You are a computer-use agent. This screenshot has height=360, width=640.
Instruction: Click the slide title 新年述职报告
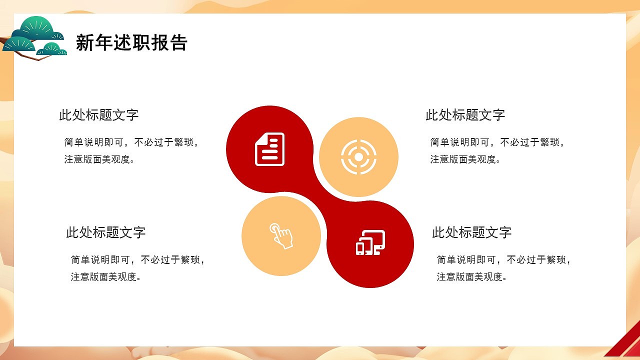(x=131, y=43)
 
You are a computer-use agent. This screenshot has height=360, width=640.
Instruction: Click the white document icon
(x=270, y=149)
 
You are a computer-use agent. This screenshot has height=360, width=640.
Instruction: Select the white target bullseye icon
(x=358, y=157)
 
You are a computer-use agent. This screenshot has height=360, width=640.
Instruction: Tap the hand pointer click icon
(x=281, y=235)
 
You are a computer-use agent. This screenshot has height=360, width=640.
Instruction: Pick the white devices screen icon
(x=370, y=242)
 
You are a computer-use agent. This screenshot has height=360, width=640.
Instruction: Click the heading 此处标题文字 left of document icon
(x=99, y=115)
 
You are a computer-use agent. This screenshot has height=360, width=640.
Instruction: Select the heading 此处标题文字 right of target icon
(x=465, y=115)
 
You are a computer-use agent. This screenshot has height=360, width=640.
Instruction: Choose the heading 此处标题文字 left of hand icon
(x=105, y=232)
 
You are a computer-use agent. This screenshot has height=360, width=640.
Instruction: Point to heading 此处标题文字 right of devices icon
(x=471, y=232)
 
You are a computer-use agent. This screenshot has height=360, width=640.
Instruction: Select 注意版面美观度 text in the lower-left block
(x=105, y=277)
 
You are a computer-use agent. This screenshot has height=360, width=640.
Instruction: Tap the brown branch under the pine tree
(x=37, y=57)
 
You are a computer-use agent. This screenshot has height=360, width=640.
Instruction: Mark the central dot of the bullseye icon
(x=358, y=157)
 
